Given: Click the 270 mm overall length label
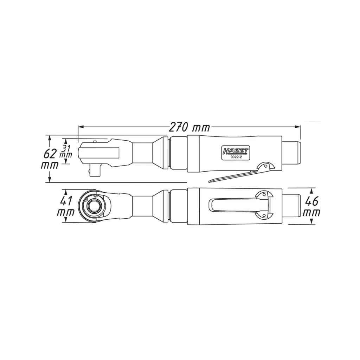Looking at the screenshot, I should tap(189, 127).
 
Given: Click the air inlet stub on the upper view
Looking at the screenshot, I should tap(292, 154).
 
